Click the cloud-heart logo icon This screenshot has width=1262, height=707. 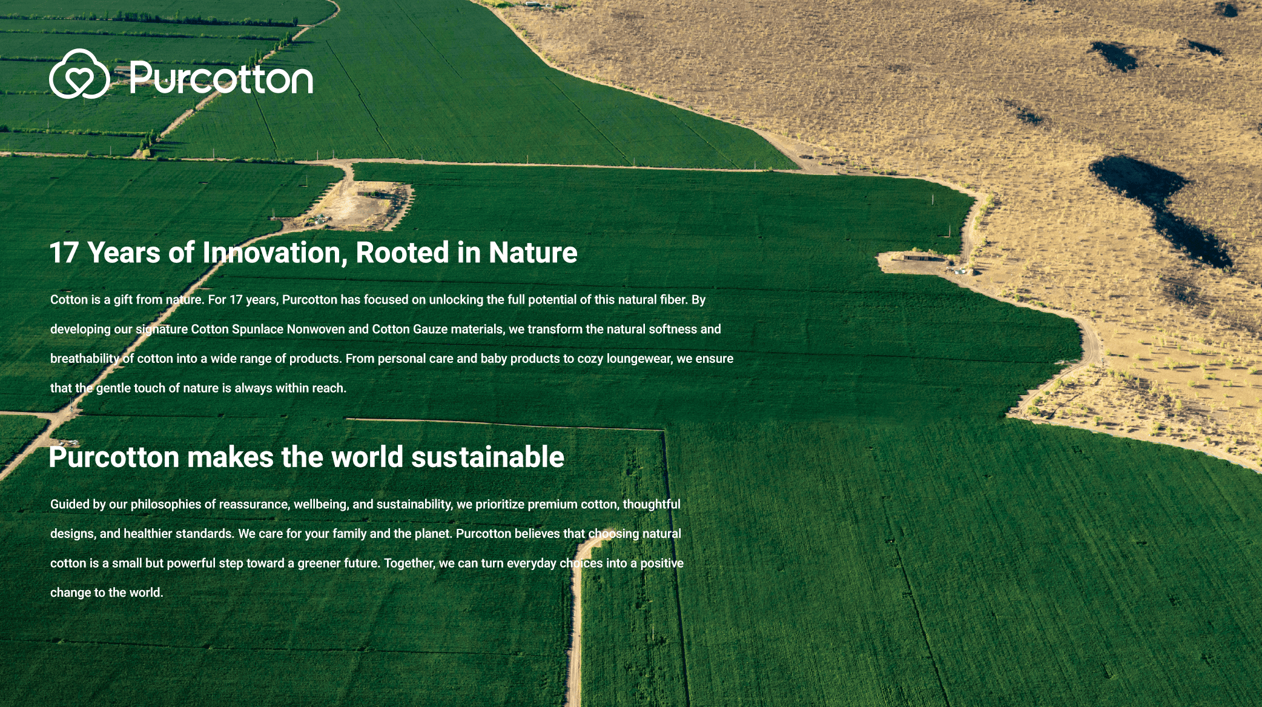79,74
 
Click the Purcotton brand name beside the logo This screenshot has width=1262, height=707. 221,78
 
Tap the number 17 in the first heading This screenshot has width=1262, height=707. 64,253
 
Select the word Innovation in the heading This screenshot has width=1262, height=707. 275,253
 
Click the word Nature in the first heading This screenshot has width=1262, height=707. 533,253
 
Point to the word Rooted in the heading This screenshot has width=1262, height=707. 402,253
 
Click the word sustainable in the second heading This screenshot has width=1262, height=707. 487,457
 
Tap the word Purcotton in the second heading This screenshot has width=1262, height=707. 114,457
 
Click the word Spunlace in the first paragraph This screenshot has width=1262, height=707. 257,330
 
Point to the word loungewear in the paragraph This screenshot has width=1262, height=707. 639,359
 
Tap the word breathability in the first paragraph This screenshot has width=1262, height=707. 85,359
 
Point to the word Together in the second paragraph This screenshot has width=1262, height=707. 409,563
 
